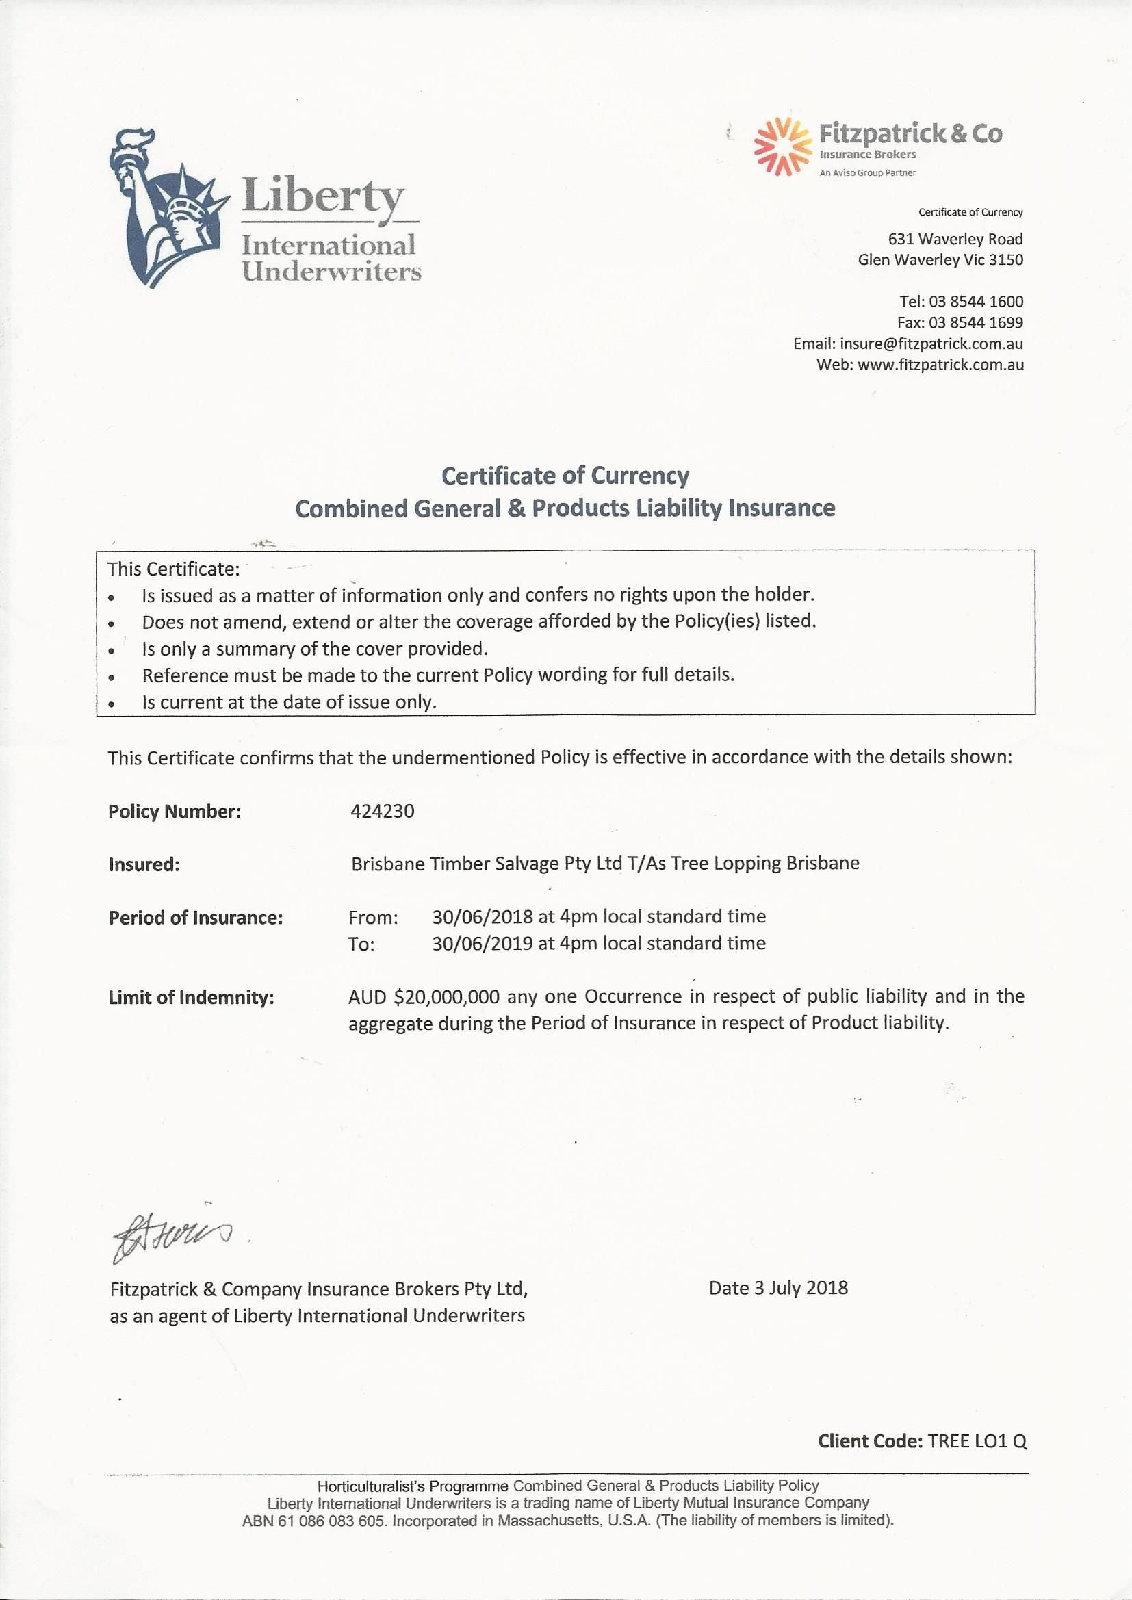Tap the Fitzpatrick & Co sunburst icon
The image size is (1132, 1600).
pos(782,146)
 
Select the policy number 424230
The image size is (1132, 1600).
pos(382,811)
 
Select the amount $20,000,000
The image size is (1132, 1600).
pos(446,997)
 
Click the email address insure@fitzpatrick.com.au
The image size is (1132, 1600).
pos(931,344)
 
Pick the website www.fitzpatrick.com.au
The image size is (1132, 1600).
pos(940,365)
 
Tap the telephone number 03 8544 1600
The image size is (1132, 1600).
pos(976,302)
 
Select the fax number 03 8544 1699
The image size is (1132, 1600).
pos(976,322)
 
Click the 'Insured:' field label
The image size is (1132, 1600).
pos(144,865)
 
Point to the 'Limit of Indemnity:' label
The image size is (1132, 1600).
pos(191,998)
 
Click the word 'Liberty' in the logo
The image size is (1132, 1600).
pos(323,196)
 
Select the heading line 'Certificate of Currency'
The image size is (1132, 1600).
pos(565,476)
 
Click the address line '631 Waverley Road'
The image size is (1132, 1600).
pos(955,239)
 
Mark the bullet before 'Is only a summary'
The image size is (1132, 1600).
pos(112,650)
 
